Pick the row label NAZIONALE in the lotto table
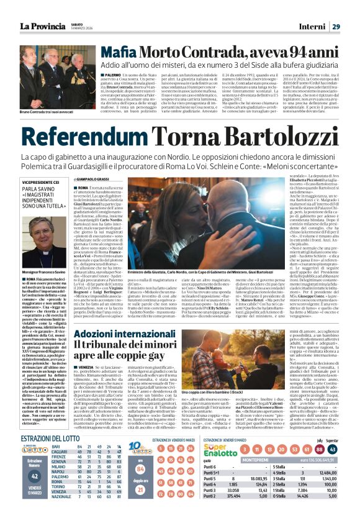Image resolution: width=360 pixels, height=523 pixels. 61,514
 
